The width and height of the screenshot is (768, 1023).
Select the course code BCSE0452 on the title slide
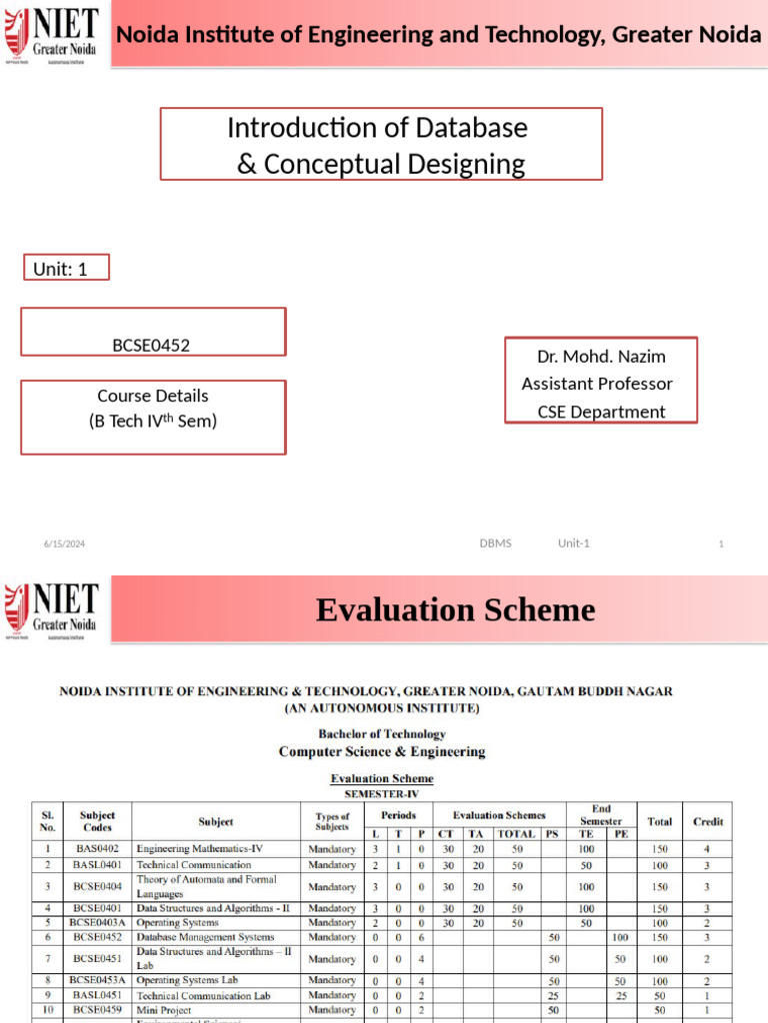151,346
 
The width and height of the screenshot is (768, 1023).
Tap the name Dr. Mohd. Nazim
601,357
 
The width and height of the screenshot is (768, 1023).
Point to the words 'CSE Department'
601,412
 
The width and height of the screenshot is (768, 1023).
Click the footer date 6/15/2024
64,543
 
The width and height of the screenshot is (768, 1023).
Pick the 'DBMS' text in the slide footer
495,543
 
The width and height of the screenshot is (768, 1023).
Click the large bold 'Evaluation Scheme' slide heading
455,609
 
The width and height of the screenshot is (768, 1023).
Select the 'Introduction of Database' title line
377,128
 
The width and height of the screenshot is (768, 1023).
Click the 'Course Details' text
153,396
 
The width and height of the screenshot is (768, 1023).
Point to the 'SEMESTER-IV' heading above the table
382,793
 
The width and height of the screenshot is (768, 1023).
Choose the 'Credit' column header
708,821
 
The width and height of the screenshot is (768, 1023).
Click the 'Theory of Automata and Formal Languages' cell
206,886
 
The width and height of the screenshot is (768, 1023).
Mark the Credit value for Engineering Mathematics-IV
707,849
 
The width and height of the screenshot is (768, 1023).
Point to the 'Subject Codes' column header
98,821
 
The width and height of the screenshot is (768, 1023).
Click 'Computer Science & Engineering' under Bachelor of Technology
382,751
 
